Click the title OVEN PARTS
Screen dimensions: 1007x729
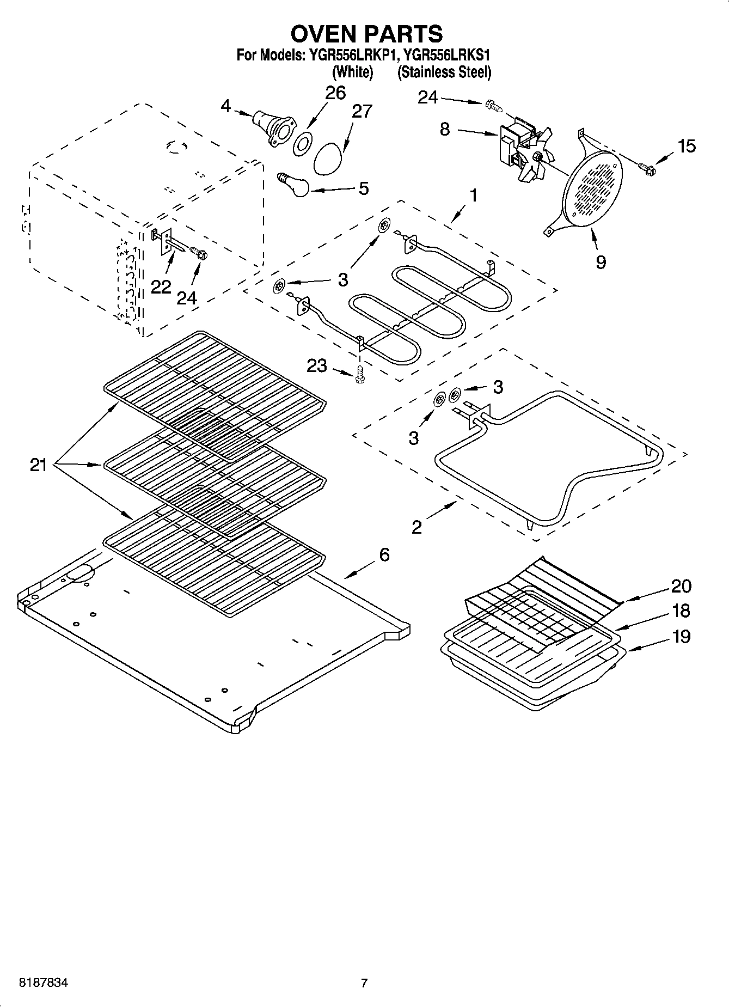pos(366,34)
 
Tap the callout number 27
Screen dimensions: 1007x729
pos(362,111)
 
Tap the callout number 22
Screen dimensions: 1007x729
pos(161,286)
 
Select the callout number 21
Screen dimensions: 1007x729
pos(38,465)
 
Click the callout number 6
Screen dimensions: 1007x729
pos(384,555)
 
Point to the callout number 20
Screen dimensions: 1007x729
pos(681,586)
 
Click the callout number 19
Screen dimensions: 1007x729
pos(681,636)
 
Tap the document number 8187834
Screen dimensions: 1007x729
pos(44,983)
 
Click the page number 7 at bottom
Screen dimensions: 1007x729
pos(364,983)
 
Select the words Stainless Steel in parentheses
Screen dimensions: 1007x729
pos(444,72)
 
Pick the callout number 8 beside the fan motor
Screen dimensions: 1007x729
pos(445,130)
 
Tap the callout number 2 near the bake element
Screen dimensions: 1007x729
pos(416,527)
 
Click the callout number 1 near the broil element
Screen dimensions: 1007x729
pos(474,195)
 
